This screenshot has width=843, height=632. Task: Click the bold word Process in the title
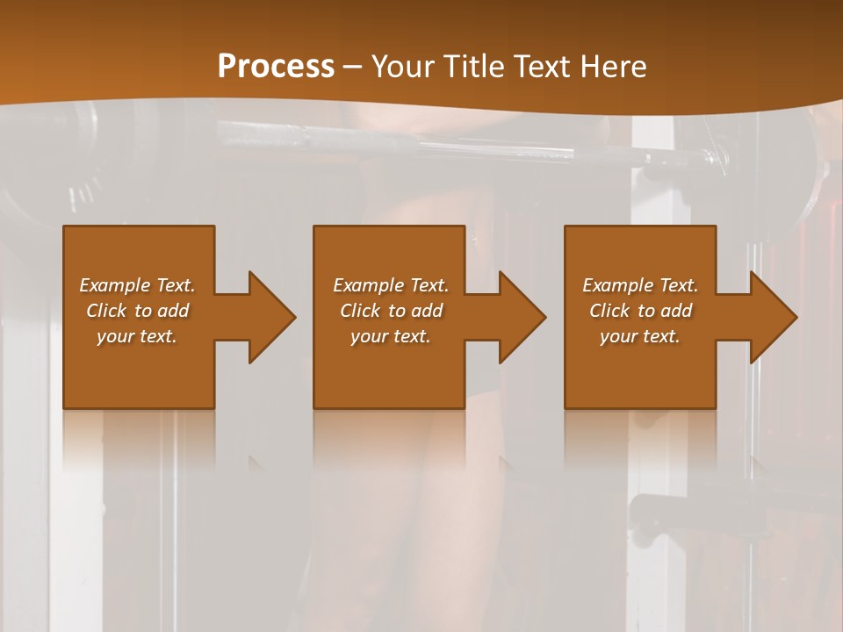pyautogui.click(x=276, y=66)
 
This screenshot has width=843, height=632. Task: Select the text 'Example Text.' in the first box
pyautogui.click(x=137, y=285)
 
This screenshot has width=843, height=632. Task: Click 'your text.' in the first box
pyautogui.click(x=137, y=336)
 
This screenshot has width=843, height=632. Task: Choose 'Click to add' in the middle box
pyautogui.click(x=391, y=311)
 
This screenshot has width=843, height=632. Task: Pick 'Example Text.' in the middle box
pyautogui.click(x=391, y=285)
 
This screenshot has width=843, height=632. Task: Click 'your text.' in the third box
pyautogui.click(x=640, y=336)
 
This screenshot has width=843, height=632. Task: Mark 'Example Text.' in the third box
pyautogui.click(x=640, y=285)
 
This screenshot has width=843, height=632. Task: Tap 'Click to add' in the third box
pyautogui.click(x=640, y=311)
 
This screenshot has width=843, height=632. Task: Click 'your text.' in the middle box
pyautogui.click(x=391, y=336)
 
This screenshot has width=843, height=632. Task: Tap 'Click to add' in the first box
pyautogui.click(x=137, y=311)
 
